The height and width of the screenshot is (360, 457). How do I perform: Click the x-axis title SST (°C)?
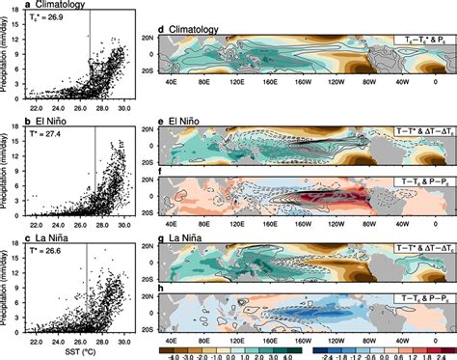coord(76,353)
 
